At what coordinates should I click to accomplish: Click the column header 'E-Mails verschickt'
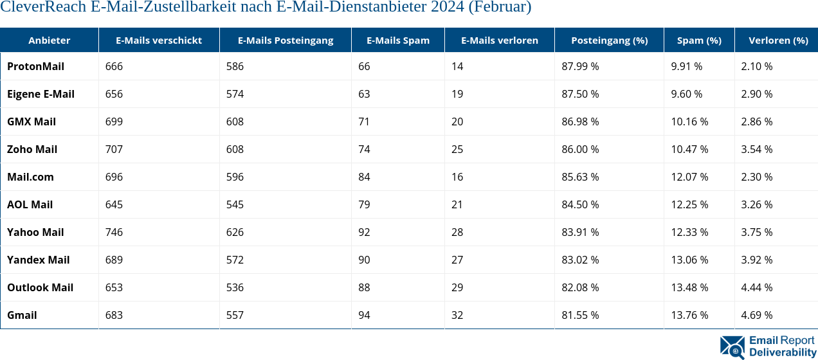pyautogui.click(x=158, y=40)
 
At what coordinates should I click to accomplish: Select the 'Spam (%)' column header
pyautogui.click(x=699, y=40)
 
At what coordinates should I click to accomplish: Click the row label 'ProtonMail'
pyautogui.click(x=35, y=66)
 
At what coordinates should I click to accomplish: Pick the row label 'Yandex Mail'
pyautogui.click(x=38, y=260)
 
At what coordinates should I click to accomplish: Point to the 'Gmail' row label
pyautogui.click(x=22, y=315)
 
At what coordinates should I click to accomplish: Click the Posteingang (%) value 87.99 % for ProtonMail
pyautogui.click(x=580, y=66)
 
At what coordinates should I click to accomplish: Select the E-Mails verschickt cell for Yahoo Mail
pyautogui.click(x=114, y=232)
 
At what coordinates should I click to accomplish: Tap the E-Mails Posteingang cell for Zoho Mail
pyautogui.click(x=235, y=149)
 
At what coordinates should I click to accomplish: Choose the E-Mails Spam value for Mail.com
pyautogui.click(x=364, y=177)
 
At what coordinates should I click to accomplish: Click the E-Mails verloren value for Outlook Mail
pyautogui.click(x=457, y=287)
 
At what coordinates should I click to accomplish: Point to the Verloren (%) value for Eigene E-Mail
pyautogui.click(x=756, y=94)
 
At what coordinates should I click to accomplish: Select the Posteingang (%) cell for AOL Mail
pyautogui.click(x=580, y=204)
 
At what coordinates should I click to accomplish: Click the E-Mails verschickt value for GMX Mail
pyautogui.click(x=114, y=122)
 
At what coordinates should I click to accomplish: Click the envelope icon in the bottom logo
pyautogui.click(x=732, y=347)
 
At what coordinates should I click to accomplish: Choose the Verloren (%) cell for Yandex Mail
pyautogui.click(x=756, y=260)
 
